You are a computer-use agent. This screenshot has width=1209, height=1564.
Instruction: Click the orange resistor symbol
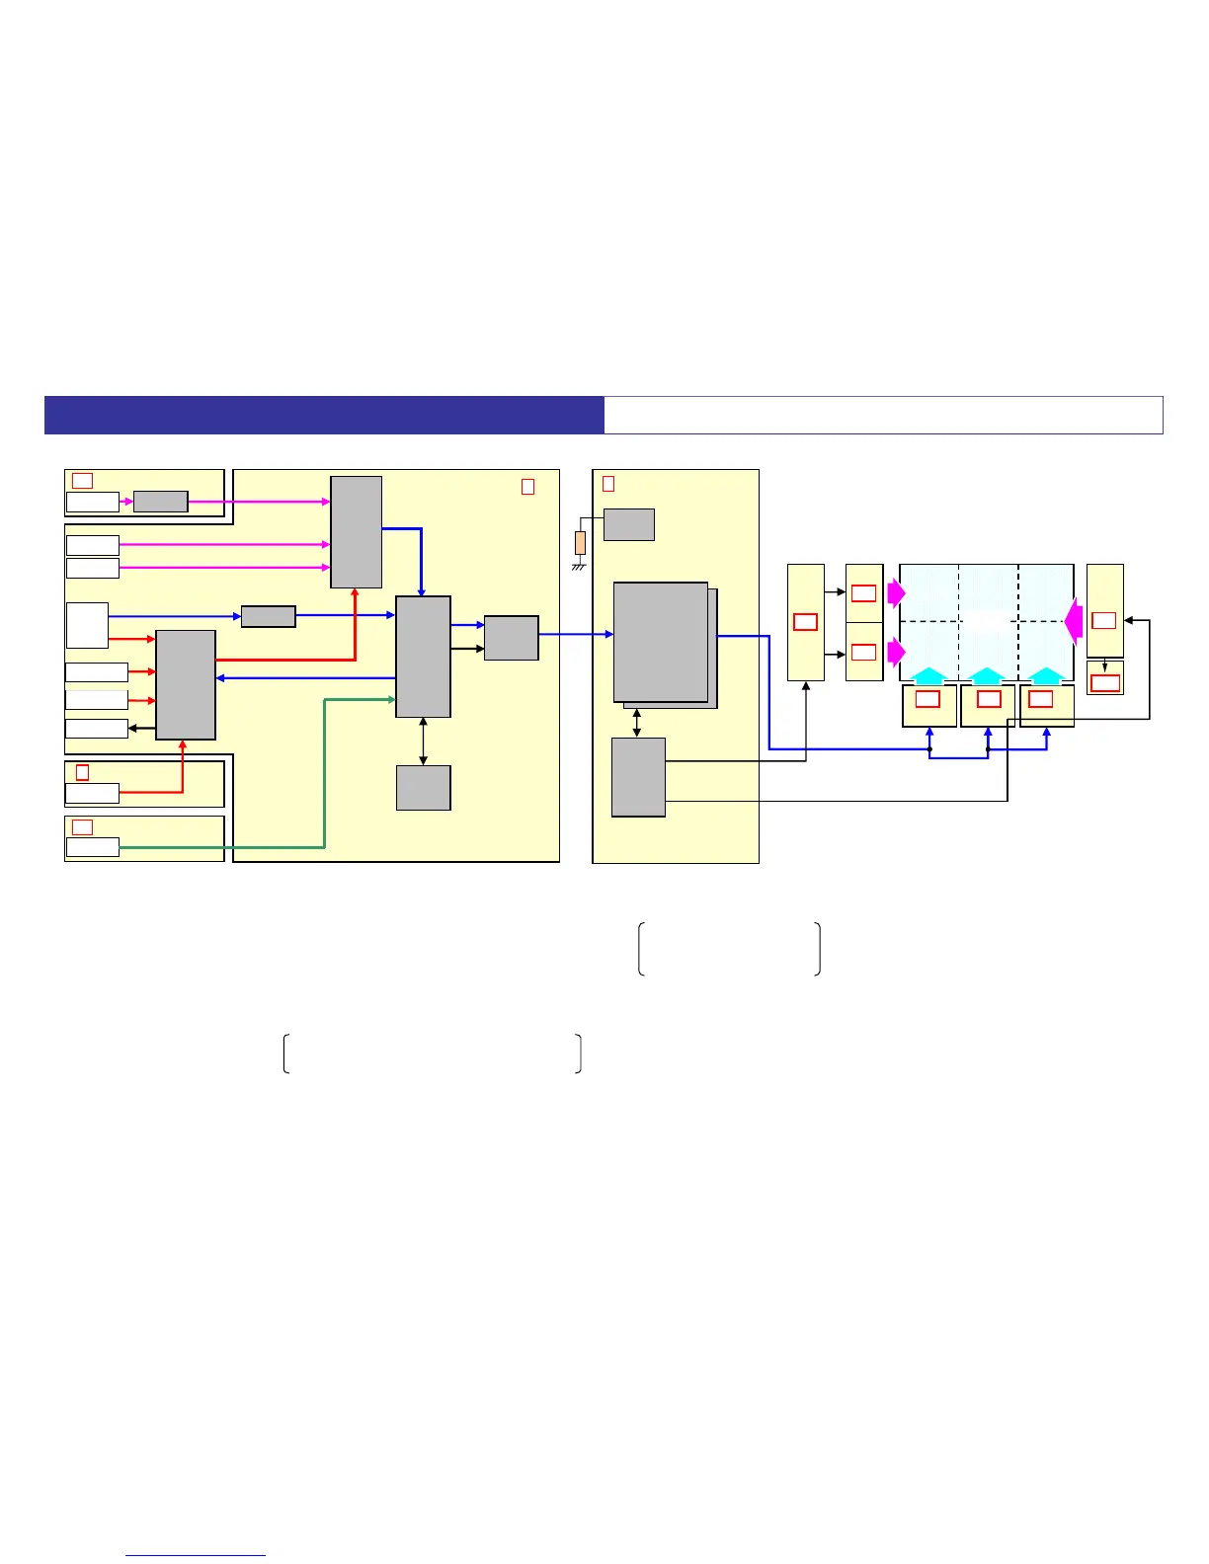click(580, 542)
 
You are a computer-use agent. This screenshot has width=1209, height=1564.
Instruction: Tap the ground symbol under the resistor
click(580, 566)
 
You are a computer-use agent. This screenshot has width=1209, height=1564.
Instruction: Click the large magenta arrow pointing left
click(1074, 622)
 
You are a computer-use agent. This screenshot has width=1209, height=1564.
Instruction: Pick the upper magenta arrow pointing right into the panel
click(895, 592)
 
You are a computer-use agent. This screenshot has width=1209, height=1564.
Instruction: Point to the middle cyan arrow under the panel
click(988, 676)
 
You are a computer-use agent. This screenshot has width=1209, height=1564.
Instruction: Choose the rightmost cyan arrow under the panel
click(1046, 676)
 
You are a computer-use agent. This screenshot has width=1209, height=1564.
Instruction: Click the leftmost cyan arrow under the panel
click(928, 676)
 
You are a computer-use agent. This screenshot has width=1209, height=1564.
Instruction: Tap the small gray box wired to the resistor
click(628, 524)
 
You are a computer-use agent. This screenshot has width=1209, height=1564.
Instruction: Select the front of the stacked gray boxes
click(660, 642)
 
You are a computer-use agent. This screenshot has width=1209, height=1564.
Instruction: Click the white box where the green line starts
click(92, 847)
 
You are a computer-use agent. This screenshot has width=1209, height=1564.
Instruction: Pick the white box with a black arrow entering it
click(96, 729)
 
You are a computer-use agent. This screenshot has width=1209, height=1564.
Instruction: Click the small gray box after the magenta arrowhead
click(160, 502)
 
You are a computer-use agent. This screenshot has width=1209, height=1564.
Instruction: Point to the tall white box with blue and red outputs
click(87, 625)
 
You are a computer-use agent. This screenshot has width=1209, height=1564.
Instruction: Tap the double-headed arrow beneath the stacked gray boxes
click(637, 723)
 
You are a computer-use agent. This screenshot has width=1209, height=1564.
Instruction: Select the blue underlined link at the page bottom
click(196, 1555)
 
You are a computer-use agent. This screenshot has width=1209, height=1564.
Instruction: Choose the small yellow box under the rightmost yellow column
click(1104, 679)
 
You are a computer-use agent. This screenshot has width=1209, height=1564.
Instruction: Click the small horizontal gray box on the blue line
click(268, 616)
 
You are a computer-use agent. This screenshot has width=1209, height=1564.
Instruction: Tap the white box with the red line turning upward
click(92, 792)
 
